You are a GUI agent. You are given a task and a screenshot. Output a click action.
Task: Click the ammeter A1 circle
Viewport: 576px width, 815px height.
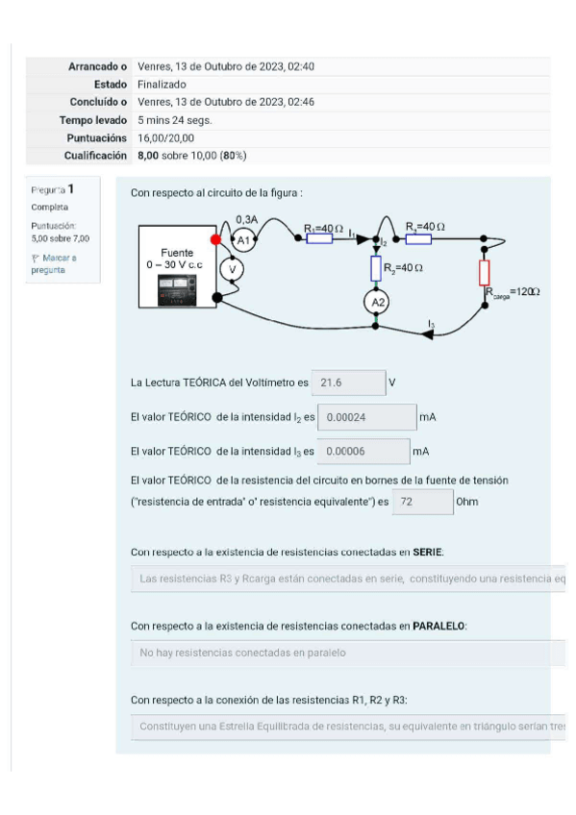[x=244, y=238]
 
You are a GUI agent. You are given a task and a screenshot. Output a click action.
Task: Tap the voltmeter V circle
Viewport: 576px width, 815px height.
[x=230, y=269]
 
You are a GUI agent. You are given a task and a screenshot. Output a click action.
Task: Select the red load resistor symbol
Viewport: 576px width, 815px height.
[x=485, y=271]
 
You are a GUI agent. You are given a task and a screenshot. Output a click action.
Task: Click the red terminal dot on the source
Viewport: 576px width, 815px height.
[x=216, y=238]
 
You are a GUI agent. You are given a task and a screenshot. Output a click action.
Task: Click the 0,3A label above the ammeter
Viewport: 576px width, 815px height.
[x=246, y=219]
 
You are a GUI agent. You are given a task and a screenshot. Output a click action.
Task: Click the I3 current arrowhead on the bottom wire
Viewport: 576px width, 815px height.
[x=424, y=333]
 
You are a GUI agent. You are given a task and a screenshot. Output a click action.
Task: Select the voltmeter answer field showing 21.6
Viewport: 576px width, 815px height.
[x=350, y=383]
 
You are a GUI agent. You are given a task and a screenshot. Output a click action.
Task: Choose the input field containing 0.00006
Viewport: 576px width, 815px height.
[x=363, y=451]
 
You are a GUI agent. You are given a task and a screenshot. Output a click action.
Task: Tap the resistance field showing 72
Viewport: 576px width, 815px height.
[x=422, y=502]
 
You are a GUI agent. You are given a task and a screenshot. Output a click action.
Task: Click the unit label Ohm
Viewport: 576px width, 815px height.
[x=467, y=502]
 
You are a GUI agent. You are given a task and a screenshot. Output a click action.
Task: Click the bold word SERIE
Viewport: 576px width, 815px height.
[x=428, y=552]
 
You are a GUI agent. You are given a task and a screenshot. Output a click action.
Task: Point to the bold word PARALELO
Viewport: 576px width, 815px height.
[x=438, y=626]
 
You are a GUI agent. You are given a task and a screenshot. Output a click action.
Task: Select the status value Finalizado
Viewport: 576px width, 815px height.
[x=162, y=85]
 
